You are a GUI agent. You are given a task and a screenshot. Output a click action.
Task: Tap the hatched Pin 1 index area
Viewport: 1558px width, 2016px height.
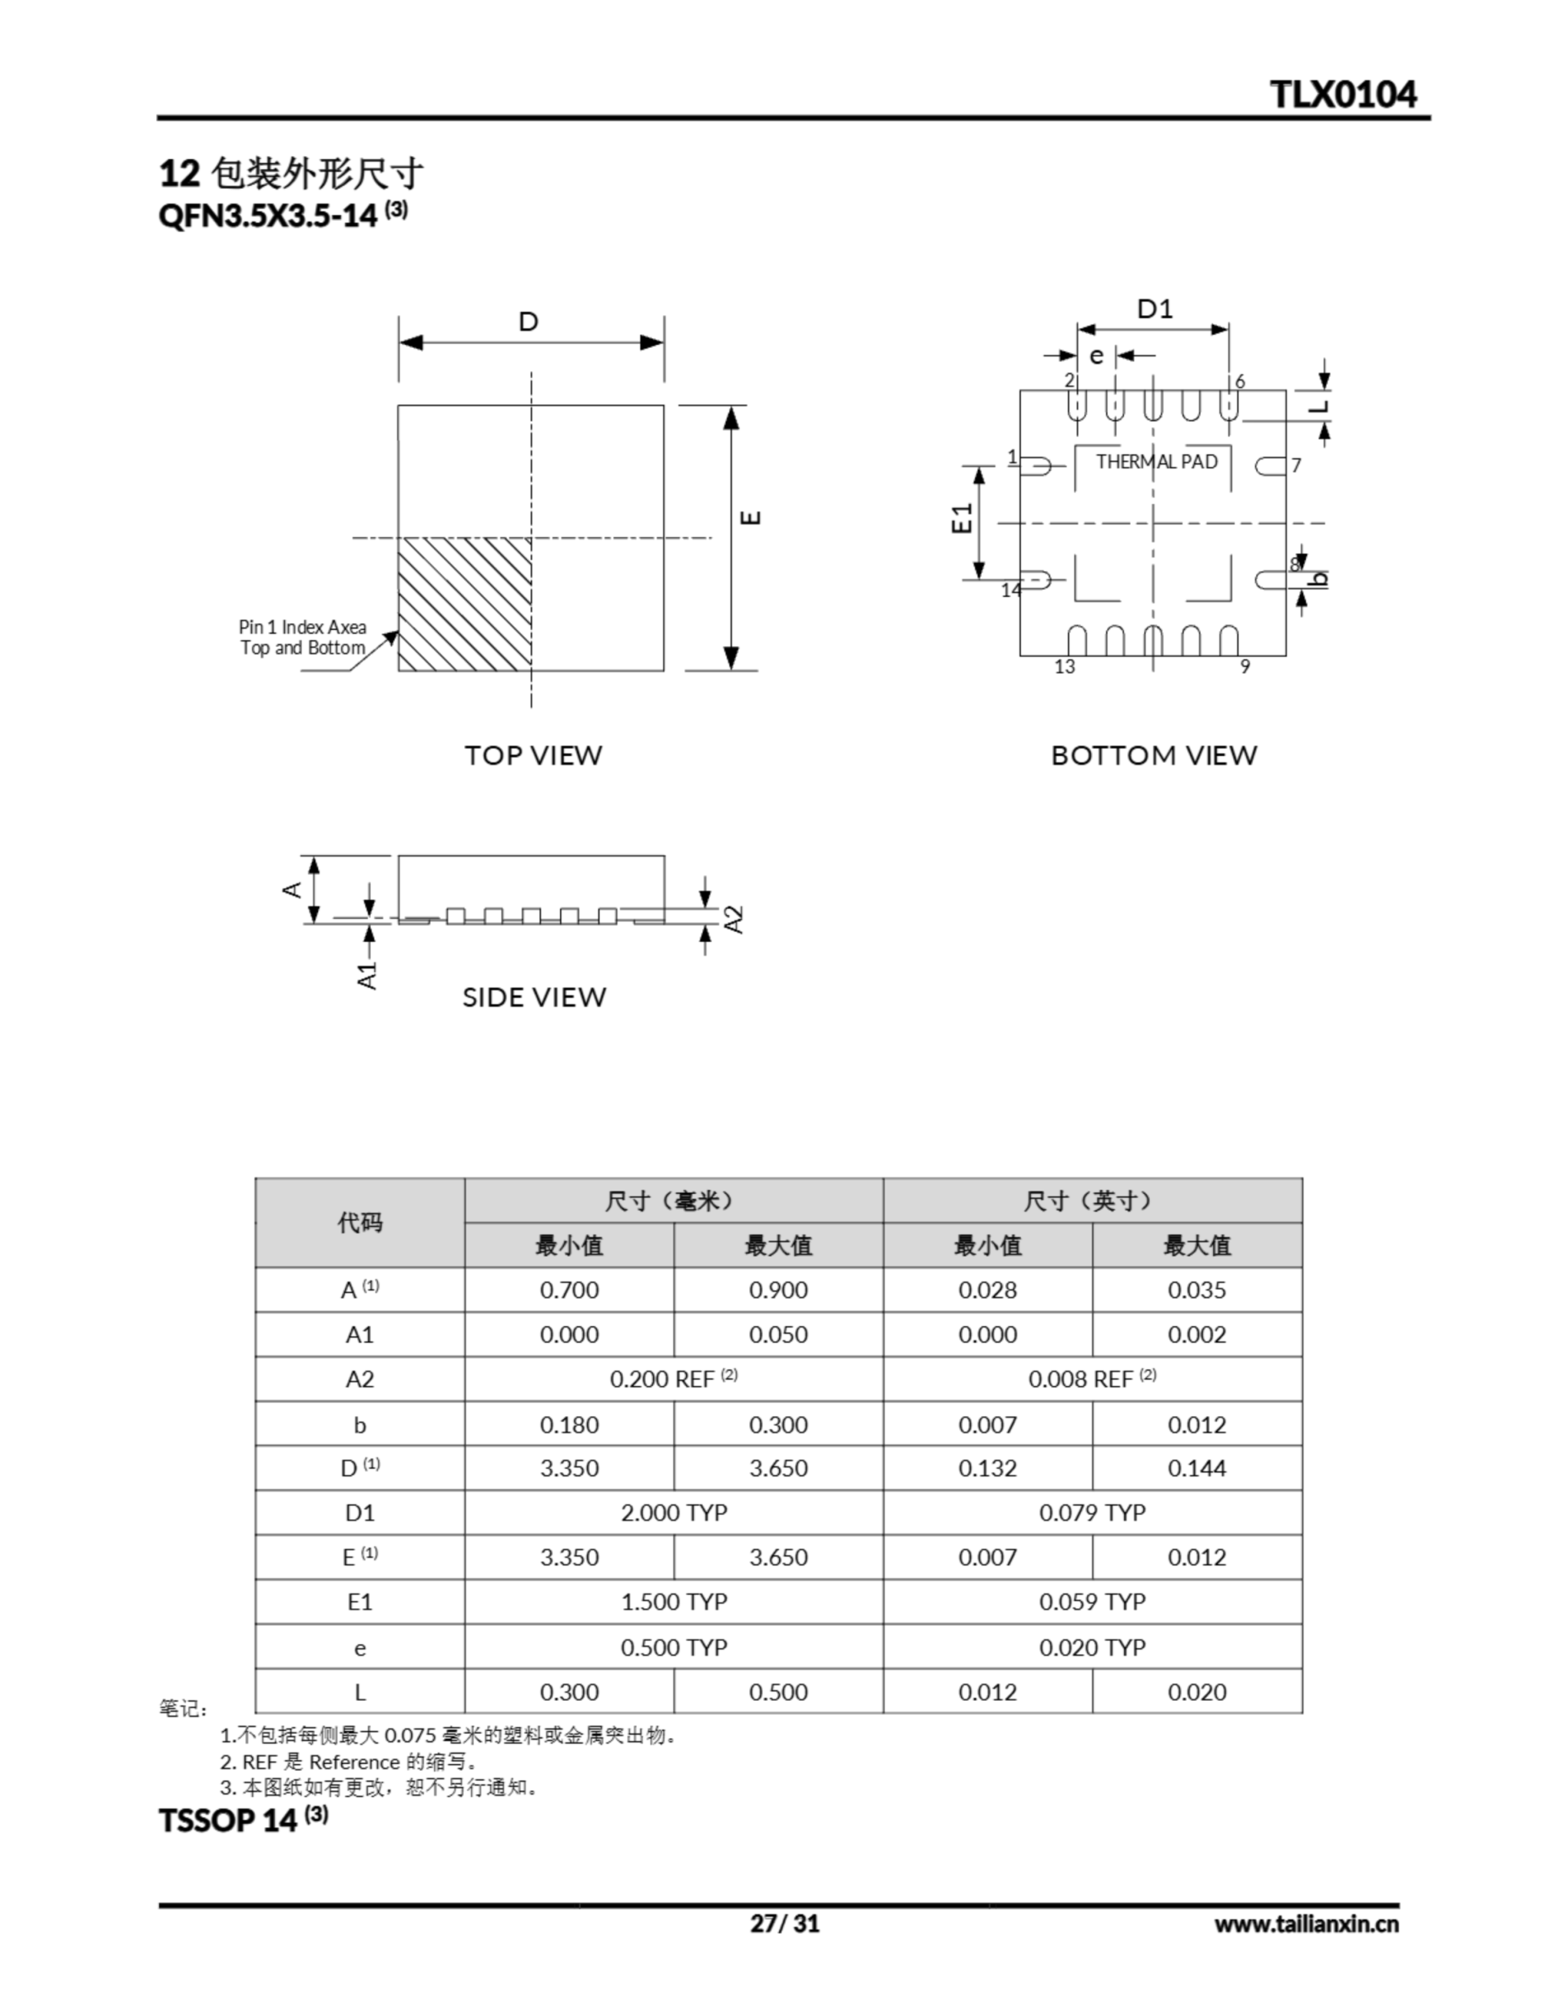[x=464, y=604]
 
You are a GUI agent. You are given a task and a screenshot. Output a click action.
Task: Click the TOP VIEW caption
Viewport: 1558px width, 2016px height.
[x=533, y=755]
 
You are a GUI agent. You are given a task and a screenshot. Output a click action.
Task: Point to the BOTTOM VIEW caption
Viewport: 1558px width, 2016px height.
[x=1153, y=755]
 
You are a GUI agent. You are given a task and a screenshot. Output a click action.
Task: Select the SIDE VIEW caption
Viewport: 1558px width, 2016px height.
[x=534, y=997]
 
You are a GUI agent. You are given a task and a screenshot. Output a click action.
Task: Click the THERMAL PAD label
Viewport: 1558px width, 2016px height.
[x=1156, y=461]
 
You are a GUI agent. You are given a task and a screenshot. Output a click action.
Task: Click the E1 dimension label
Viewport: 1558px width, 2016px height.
[x=963, y=519]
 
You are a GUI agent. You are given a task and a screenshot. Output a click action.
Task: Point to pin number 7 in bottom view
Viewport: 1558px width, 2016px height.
[x=1296, y=465]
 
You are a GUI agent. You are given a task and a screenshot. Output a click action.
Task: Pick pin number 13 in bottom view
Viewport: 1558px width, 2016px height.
[x=1064, y=666]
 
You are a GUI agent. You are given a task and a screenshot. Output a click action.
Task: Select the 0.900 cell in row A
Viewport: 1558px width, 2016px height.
[x=777, y=1290]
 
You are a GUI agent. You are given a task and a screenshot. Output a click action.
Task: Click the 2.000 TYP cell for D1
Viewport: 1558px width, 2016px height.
[x=673, y=1512]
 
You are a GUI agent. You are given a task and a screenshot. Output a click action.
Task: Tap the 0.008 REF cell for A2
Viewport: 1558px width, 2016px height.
[x=1092, y=1379]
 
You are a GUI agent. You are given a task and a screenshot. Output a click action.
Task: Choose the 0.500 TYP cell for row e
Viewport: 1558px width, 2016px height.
[x=673, y=1647]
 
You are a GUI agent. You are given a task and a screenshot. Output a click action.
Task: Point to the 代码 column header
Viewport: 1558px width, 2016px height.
[x=359, y=1223]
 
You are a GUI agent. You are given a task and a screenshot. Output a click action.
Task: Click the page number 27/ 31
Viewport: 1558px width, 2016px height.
[x=784, y=1924]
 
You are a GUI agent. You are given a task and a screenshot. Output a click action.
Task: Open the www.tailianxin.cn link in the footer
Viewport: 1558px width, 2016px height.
[x=1306, y=1924]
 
